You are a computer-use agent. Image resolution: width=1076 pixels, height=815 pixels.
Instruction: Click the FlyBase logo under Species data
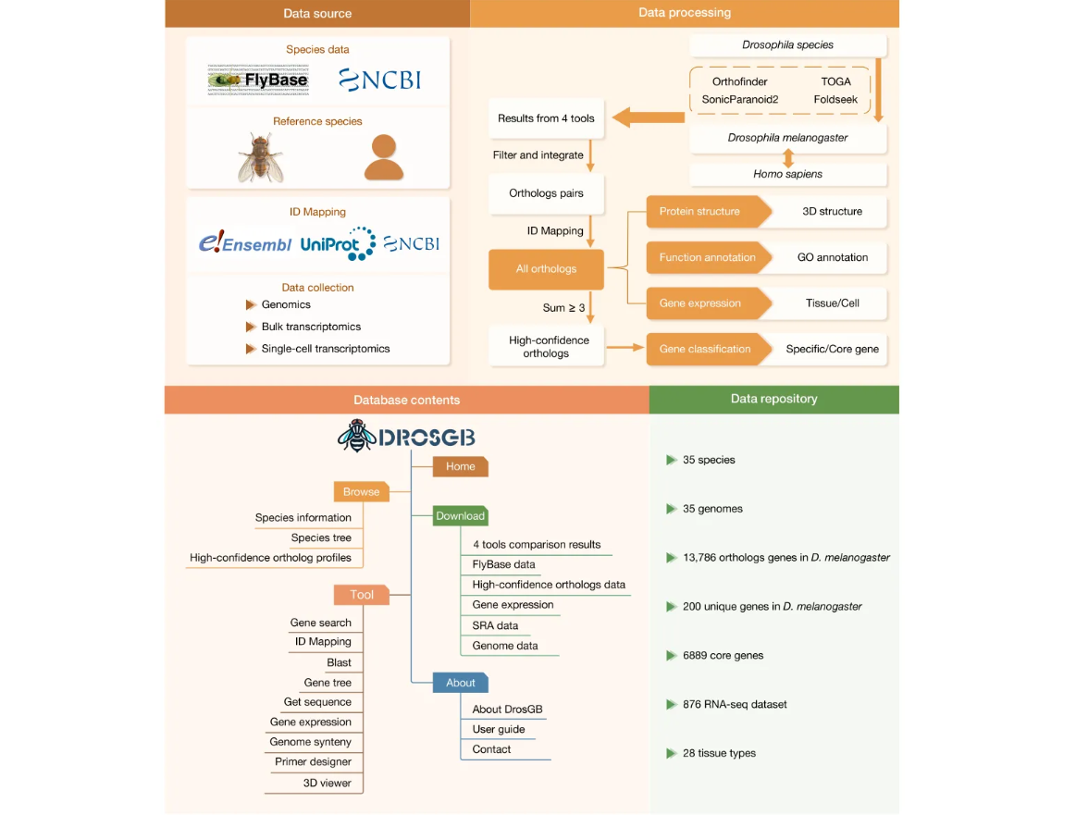click(x=258, y=80)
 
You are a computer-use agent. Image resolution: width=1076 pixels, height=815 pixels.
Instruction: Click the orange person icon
click(x=383, y=157)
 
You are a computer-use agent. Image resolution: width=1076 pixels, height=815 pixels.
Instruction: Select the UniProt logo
click(x=338, y=243)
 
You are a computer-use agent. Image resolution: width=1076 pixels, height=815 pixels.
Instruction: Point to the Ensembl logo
click(x=245, y=244)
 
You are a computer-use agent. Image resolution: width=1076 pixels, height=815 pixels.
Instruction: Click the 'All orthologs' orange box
click(x=546, y=269)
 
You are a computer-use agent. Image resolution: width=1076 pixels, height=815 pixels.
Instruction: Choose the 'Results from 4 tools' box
click(x=546, y=118)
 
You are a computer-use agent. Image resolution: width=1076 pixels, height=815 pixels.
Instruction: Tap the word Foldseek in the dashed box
click(x=835, y=99)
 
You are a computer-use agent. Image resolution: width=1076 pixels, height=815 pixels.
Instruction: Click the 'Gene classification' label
click(x=705, y=350)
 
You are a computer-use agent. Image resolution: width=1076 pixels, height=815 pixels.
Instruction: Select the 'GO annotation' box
click(x=832, y=258)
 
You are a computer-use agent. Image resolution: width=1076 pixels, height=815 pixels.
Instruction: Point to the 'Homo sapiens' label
click(x=787, y=174)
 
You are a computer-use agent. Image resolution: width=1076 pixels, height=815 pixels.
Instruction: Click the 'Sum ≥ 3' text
click(x=563, y=308)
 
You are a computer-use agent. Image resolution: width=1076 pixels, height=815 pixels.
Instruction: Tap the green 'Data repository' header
click(x=773, y=399)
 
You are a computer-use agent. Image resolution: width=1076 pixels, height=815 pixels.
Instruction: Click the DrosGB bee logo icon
click(x=355, y=435)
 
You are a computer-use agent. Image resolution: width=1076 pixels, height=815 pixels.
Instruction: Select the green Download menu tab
click(x=460, y=516)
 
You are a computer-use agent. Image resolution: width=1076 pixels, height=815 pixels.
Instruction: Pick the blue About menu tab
click(x=460, y=683)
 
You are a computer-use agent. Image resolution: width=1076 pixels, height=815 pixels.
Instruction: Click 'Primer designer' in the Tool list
click(x=313, y=762)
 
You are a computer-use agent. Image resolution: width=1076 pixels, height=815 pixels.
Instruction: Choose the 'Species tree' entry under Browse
click(x=321, y=537)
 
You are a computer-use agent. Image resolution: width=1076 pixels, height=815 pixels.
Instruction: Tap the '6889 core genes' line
click(x=723, y=656)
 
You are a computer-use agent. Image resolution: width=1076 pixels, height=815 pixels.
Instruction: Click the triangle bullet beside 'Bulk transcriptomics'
click(x=250, y=327)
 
